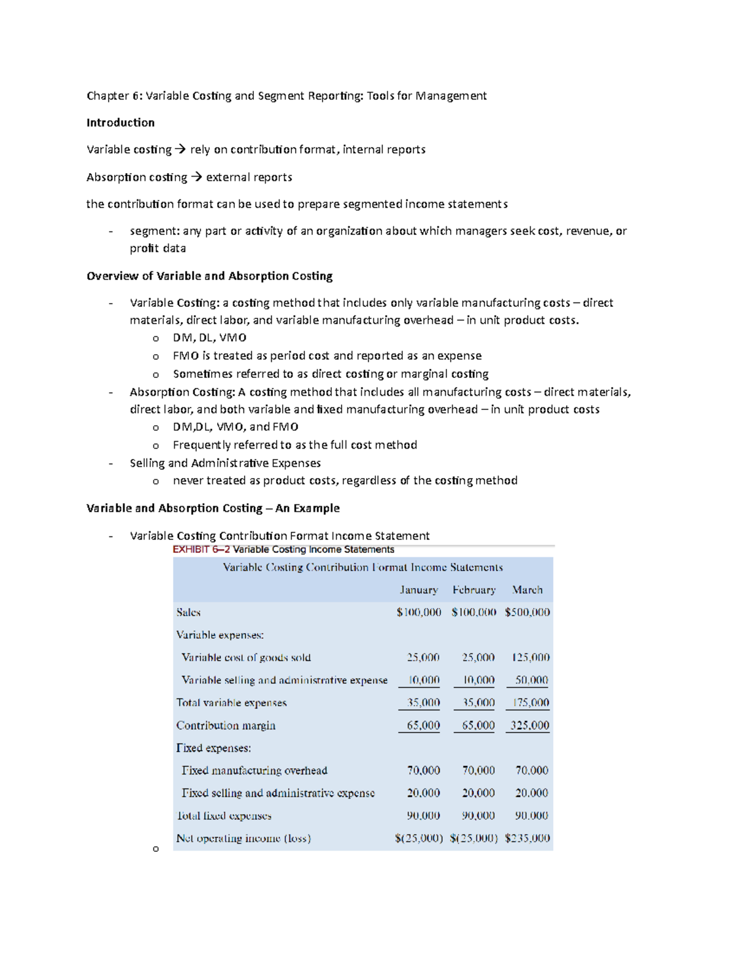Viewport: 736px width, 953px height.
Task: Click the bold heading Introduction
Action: click(120, 123)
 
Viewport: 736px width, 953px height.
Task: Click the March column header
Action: click(527, 590)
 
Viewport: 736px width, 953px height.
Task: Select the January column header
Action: click(419, 590)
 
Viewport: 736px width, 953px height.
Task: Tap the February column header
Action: click(474, 590)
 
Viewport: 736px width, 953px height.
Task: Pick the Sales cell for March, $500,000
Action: click(527, 612)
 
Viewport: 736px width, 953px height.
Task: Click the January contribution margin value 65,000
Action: click(423, 725)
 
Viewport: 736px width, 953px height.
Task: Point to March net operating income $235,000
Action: click(527, 838)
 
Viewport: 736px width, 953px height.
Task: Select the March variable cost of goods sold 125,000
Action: click(531, 658)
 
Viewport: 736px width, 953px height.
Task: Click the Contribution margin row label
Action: click(226, 725)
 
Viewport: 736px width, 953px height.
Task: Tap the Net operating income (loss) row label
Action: click(243, 838)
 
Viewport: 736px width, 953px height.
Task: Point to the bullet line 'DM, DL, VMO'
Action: click(210, 338)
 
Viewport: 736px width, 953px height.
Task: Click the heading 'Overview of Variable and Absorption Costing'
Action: click(209, 276)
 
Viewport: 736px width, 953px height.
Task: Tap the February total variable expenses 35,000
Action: click(478, 703)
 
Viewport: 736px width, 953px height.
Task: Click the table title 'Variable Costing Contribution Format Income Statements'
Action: click(362, 568)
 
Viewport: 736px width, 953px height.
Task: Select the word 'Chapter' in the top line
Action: click(108, 96)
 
